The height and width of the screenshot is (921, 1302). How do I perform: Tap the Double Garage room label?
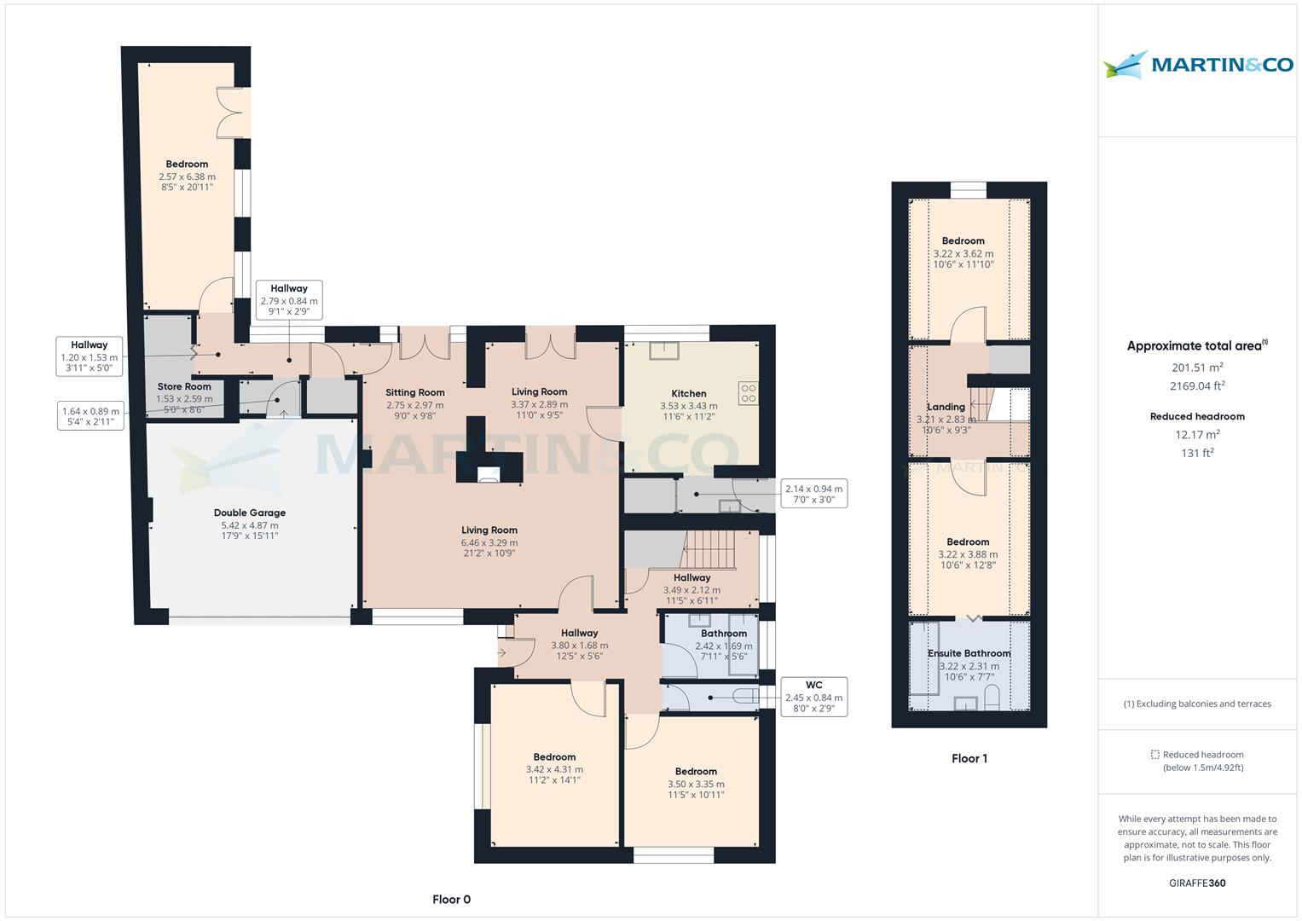(x=249, y=513)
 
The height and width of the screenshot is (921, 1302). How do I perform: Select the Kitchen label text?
(x=688, y=394)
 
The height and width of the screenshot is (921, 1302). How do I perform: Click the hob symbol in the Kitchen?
(x=748, y=392)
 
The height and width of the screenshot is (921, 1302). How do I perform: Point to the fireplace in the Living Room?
(x=489, y=475)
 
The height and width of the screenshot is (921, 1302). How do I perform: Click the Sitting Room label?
(x=414, y=393)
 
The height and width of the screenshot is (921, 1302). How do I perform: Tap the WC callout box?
(x=813, y=697)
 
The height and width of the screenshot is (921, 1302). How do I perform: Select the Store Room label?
(x=183, y=386)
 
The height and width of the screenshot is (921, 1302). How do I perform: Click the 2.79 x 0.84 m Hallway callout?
(x=289, y=300)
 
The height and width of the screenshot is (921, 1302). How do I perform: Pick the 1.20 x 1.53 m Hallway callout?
(x=90, y=356)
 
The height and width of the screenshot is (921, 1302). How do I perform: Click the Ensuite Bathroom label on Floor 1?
(x=969, y=653)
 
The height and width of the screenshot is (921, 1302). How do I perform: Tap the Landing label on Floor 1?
(x=946, y=407)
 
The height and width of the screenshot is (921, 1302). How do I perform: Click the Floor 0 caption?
(x=451, y=899)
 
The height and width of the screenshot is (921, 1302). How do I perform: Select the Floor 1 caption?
(x=969, y=758)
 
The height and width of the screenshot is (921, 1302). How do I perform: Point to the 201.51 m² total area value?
(x=1197, y=368)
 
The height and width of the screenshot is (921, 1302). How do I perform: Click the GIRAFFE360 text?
(x=1197, y=883)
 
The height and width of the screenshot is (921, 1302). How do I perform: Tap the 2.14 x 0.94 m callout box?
(x=813, y=494)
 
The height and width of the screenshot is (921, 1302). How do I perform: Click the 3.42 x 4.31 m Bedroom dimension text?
(x=554, y=769)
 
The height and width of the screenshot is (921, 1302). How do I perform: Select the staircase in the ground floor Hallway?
(x=709, y=549)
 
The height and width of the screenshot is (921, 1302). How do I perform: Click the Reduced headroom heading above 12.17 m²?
(x=1197, y=417)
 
